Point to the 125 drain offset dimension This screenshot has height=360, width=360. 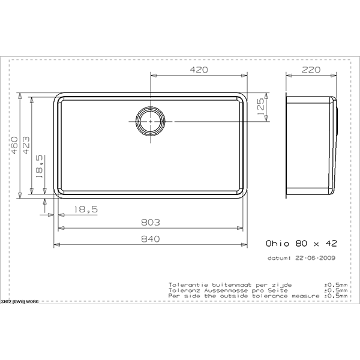[260, 107]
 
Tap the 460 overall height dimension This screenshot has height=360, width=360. [14, 145]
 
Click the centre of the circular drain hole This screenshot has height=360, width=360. [149, 121]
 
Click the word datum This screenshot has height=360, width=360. [278, 259]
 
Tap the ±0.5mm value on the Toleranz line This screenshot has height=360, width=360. [335, 290]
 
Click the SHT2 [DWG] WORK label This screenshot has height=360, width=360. [20, 301]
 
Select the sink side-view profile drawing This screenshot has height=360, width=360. [311, 145]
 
